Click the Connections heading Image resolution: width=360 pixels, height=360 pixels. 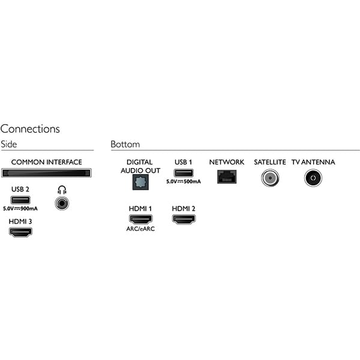30,129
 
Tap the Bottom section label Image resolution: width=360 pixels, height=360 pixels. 125,145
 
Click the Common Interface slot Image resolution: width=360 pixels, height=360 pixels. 46,173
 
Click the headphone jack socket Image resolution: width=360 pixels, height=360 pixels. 61,203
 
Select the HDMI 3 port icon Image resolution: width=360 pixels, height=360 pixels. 20,232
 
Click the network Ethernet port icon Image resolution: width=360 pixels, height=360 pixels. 227,177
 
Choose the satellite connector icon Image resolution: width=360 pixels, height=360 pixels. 270,178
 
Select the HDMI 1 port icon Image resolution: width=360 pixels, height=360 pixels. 140,219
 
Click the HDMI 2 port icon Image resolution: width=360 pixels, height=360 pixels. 184,219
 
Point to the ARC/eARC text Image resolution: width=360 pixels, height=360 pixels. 140,229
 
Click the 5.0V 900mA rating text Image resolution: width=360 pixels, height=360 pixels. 20,209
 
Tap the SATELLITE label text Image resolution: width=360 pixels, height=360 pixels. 270,162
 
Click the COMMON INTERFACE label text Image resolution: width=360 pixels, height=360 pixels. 46,162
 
